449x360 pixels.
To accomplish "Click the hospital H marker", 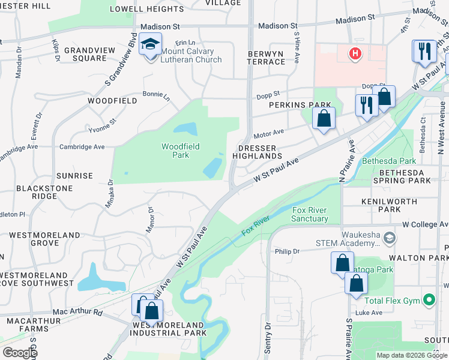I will (355, 54).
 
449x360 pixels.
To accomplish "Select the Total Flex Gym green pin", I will (429, 299).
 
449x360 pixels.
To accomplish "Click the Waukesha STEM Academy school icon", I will (389, 239).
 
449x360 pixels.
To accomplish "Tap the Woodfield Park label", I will (180, 151).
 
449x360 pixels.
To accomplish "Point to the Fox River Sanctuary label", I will (310, 214).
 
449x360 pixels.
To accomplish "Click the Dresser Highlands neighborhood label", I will (261, 152).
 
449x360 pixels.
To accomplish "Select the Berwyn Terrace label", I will (266, 58).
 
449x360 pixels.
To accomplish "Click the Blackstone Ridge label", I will (36, 192).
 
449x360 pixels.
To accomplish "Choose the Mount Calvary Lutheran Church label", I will (191, 55).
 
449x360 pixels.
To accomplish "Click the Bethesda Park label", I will (388, 161).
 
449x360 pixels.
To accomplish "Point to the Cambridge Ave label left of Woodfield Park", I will (82, 146).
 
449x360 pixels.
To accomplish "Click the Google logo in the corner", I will (20, 353).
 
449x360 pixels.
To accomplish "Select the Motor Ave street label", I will (268, 132).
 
